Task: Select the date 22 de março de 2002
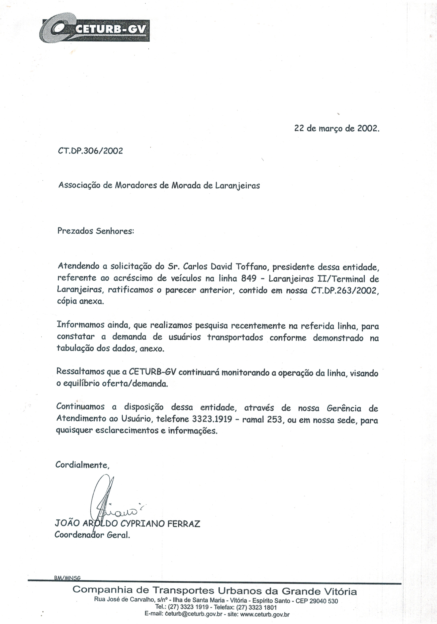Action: (337, 128)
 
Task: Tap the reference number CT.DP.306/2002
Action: (90, 151)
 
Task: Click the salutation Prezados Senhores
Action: (96, 231)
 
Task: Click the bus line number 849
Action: (249, 279)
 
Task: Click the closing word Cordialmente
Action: (82, 465)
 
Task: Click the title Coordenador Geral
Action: (92, 535)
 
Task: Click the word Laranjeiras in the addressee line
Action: (237, 186)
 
